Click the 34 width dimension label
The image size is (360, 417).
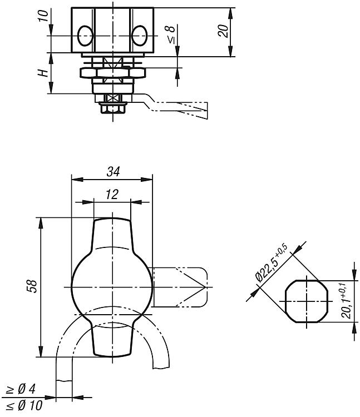point(113,172)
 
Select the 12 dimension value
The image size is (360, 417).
point(112,195)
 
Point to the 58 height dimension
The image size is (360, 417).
point(32,286)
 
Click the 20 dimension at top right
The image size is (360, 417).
point(223,31)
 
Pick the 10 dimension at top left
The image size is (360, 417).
point(43,16)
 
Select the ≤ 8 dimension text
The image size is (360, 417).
point(171,34)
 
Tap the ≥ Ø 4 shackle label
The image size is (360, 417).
point(21,389)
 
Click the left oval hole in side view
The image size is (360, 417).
point(85,36)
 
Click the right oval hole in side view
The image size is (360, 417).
point(140,36)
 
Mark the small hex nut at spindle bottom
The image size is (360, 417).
point(113,108)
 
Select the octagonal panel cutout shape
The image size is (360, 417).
point(307,301)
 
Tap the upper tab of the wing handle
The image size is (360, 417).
point(112,234)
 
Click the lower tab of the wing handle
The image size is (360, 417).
point(112,340)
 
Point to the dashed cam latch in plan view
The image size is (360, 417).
point(180,287)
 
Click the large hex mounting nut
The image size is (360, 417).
point(113,73)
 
